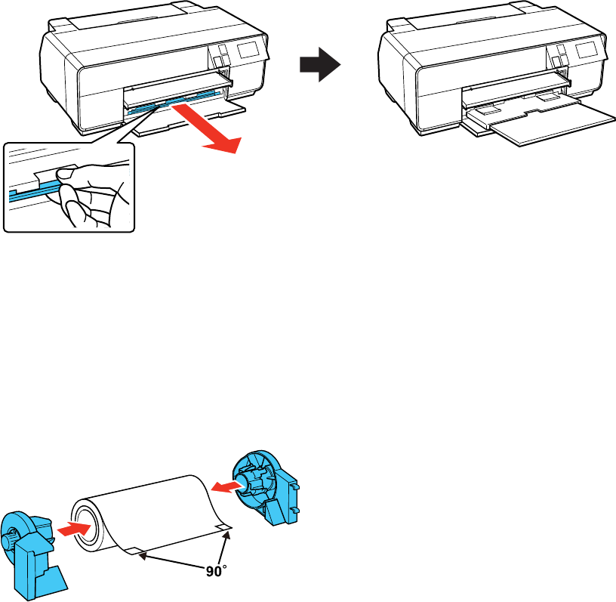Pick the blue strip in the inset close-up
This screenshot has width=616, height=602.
[x=30, y=196]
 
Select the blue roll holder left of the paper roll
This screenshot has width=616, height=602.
[x=29, y=549]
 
